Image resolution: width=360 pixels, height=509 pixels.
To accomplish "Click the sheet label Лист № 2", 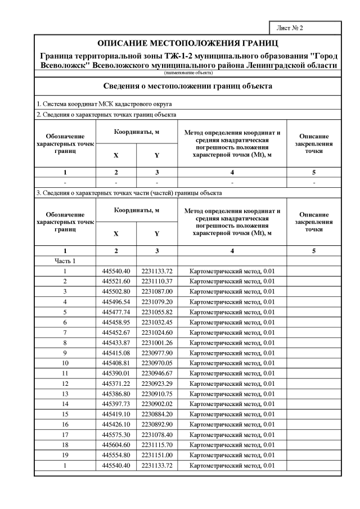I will point(290,28).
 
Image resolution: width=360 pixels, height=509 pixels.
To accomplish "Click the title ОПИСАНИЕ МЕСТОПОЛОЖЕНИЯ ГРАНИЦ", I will point(188,43).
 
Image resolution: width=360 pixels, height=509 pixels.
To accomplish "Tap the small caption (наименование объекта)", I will point(188,73).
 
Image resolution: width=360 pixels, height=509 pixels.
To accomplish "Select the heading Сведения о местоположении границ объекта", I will point(188,86).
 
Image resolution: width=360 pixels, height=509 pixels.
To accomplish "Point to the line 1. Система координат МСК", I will point(104,104).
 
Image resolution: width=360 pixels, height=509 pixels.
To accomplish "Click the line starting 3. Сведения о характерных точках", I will point(129,193).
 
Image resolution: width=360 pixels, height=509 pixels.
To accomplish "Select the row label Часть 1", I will point(65,261).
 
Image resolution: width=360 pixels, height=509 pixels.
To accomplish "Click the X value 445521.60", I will point(116,281).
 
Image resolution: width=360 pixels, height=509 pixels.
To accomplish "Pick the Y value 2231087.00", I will point(156,291).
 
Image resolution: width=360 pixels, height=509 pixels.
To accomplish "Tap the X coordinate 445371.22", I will point(116,384).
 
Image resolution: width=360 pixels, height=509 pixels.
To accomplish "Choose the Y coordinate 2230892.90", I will point(156,425).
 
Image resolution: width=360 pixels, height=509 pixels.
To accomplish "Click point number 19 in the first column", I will point(65,455).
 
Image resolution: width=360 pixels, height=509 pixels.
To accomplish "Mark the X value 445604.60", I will point(116,445).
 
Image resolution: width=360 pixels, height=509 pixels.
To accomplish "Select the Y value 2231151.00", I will point(156,455).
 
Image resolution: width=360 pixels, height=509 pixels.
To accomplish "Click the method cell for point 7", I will point(232,332).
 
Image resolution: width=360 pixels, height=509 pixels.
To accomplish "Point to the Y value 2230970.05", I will point(156,363).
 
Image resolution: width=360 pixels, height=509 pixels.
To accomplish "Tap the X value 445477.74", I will point(116,312).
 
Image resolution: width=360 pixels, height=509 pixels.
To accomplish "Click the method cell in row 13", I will point(232,394).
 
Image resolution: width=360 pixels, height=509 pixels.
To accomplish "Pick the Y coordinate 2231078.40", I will point(156,435).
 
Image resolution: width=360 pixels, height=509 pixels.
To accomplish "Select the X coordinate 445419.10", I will point(116,415).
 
